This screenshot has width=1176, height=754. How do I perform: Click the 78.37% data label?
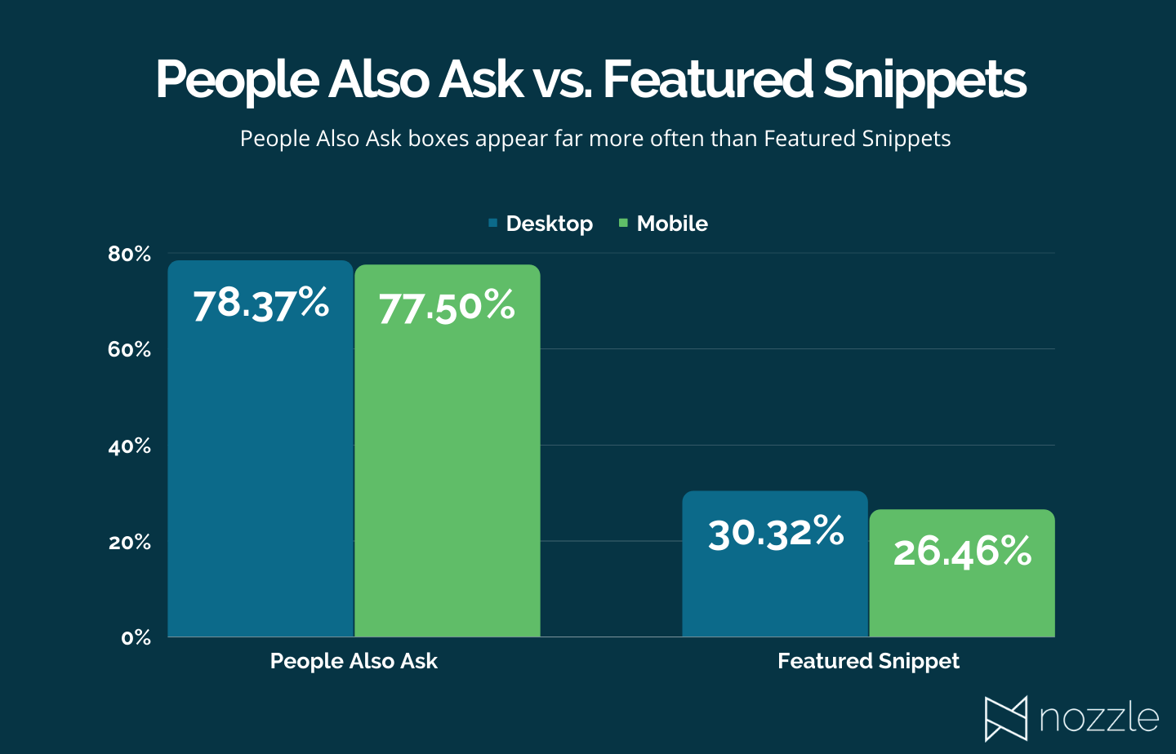(x=261, y=304)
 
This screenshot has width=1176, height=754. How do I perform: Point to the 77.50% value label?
(x=447, y=308)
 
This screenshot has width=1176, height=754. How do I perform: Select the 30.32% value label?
(x=776, y=534)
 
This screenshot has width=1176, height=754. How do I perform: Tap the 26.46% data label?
(x=962, y=552)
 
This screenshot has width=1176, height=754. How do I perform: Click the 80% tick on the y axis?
(x=130, y=255)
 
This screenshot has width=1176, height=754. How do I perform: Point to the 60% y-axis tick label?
(x=130, y=350)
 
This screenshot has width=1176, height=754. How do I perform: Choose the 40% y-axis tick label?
(x=130, y=446)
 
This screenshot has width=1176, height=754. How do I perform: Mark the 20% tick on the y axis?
(x=130, y=543)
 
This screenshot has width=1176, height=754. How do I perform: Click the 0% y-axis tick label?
(x=136, y=638)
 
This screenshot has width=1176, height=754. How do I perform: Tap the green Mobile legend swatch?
(x=623, y=223)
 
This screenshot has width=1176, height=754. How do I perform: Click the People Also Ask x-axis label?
(x=354, y=661)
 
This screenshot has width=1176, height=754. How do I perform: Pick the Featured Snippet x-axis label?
(x=868, y=661)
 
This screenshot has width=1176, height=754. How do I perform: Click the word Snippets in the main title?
(x=924, y=80)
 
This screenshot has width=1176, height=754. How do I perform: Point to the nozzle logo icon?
(x=1005, y=718)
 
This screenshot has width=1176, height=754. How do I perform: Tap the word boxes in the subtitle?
(x=439, y=139)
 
